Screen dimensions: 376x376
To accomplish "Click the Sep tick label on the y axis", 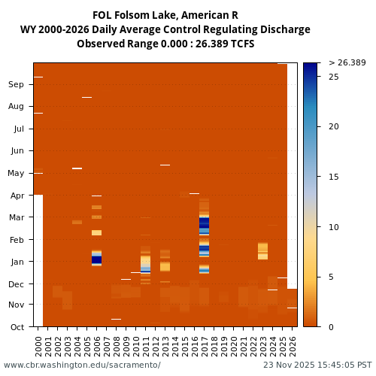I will (16, 85).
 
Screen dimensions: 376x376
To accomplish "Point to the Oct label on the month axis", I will (16, 326).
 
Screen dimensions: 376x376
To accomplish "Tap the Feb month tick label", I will (16, 240).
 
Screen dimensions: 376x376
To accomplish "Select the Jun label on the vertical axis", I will (16, 151).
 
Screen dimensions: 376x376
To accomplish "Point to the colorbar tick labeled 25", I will (333, 77).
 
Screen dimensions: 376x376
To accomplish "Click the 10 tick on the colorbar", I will (333, 227).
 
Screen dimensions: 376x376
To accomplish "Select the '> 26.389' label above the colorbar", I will (347, 62).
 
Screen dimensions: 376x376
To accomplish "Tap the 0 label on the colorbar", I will (331, 326).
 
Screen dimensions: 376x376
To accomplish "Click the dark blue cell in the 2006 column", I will (96, 259).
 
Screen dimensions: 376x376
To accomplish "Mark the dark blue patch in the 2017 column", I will (204, 223).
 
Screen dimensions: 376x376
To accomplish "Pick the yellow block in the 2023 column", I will (262, 250).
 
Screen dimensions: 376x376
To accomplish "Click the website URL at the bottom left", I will (82, 365).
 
